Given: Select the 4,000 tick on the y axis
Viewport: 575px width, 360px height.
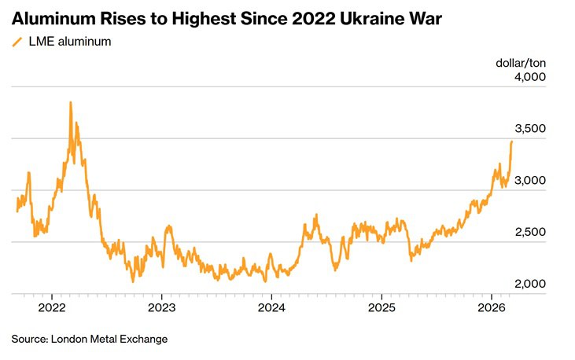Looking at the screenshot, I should tap(529, 77).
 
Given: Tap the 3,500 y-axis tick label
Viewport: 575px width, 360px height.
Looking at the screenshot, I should tap(529, 129).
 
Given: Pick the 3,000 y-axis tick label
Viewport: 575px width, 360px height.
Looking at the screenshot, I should tap(529, 181).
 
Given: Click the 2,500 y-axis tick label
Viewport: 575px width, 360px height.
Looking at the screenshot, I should tap(529, 233).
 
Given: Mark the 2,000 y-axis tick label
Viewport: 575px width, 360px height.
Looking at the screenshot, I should tap(529, 285).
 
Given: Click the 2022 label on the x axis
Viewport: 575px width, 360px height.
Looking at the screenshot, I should tap(51, 306).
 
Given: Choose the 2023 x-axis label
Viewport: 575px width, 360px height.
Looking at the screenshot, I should tap(161, 306).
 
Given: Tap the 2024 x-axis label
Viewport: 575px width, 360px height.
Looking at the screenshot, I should tap(271, 306).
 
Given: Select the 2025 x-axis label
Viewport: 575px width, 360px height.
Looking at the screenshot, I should tap(381, 306).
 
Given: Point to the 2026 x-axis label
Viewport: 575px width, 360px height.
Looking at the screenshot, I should tap(491, 306).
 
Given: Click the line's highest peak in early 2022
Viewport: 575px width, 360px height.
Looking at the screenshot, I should tap(71, 102).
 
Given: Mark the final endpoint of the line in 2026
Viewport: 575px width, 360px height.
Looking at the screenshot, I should tap(512, 141).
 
